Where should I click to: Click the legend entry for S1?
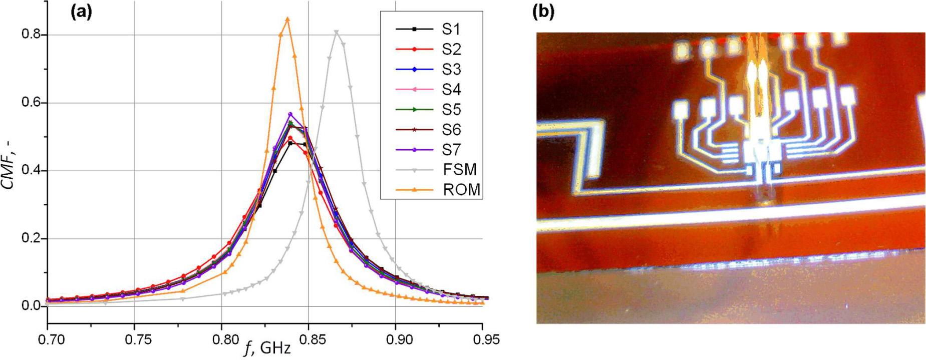451,29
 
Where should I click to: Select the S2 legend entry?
451,49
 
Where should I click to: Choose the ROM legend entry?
460,190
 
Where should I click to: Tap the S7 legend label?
451,150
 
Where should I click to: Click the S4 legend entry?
451,89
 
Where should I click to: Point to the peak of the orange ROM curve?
287,19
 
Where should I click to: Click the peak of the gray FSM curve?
336,32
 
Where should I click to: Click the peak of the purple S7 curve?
289,114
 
